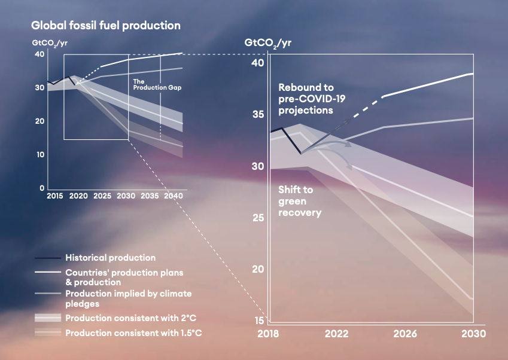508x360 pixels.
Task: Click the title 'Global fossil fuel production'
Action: point(106,26)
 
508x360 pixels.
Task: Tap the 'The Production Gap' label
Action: point(157,84)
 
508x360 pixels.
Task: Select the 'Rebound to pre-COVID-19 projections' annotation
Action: point(312,99)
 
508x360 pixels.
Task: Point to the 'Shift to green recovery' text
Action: point(300,201)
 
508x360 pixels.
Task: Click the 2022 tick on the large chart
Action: point(337,334)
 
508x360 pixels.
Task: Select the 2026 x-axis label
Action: point(405,334)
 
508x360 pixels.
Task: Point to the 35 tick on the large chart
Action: point(258,114)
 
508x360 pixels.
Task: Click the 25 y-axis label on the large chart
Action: point(258,218)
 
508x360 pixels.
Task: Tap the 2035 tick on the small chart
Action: point(150,196)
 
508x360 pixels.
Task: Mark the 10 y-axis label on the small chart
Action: point(40,154)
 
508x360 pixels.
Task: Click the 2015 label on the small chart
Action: point(55,196)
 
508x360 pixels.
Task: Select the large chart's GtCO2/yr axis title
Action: point(268,43)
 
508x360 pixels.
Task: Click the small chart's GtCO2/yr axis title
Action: point(50,44)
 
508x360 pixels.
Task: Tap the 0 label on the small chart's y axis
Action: point(42,188)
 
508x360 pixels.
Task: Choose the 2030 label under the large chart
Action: point(474,334)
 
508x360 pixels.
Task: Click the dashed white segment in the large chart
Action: point(369,107)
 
